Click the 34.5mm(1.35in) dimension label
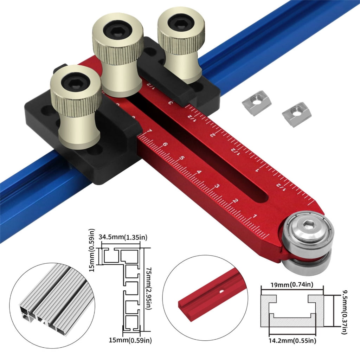point(123,237)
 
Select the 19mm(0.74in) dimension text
point(291,285)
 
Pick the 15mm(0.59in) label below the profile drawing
point(130,340)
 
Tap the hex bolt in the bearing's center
point(307,226)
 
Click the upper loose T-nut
point(257,103)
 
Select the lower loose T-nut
point(297,114)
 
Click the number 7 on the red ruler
point(149,131)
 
